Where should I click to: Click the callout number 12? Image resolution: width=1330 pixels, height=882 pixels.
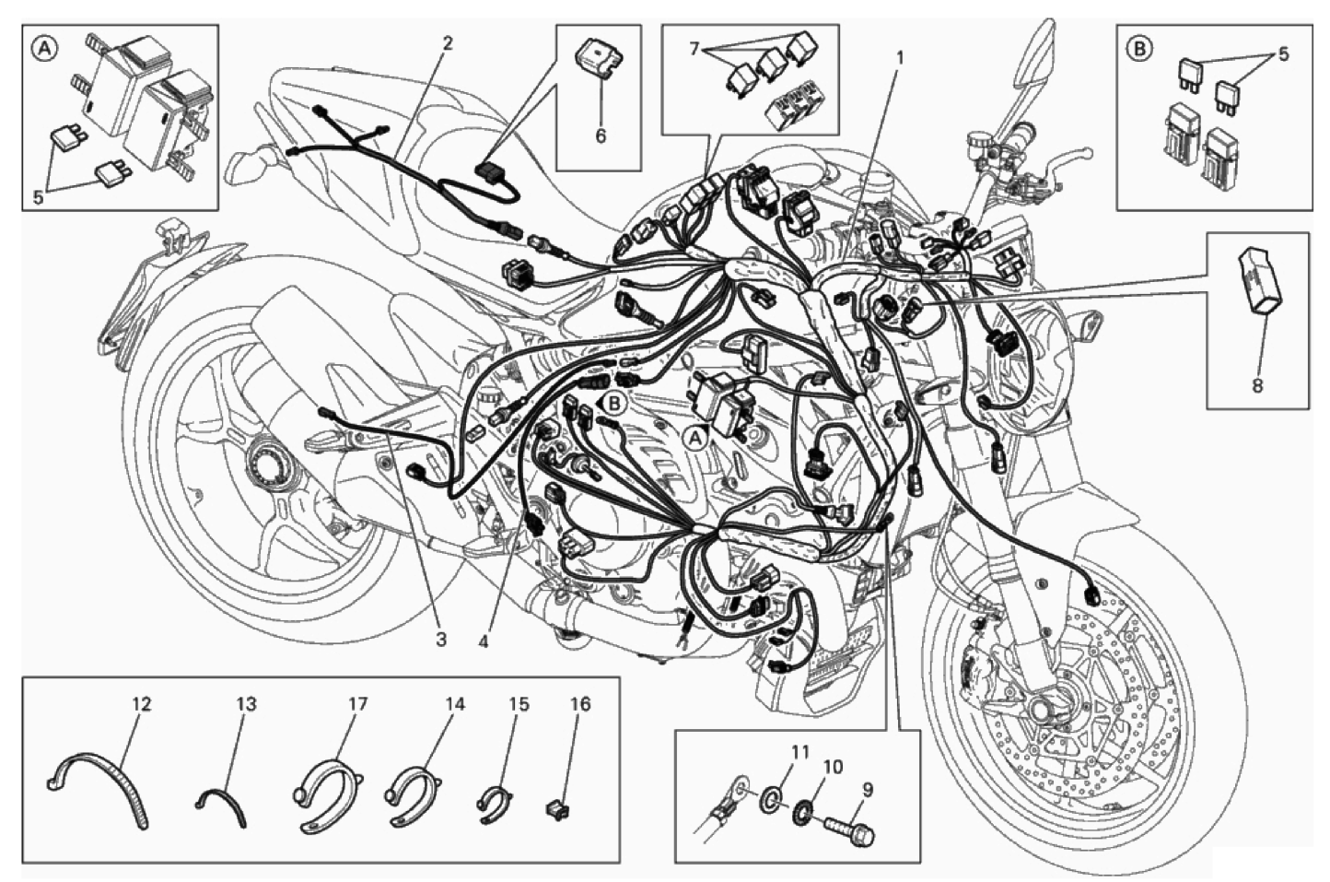141,704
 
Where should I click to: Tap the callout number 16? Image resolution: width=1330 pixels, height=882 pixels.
580,704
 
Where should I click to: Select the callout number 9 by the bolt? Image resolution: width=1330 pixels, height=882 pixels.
868,790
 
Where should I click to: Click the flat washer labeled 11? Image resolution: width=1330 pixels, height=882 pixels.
770,794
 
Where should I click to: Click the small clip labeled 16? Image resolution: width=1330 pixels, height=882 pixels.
554,809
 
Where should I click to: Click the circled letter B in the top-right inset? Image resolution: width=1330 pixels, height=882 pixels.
1140,49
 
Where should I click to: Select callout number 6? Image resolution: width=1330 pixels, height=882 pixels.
601,136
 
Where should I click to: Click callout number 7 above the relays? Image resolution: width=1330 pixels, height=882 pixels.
694,48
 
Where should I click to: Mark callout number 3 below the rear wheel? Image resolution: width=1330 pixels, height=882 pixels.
440,640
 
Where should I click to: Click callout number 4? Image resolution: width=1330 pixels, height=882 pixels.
484,642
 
